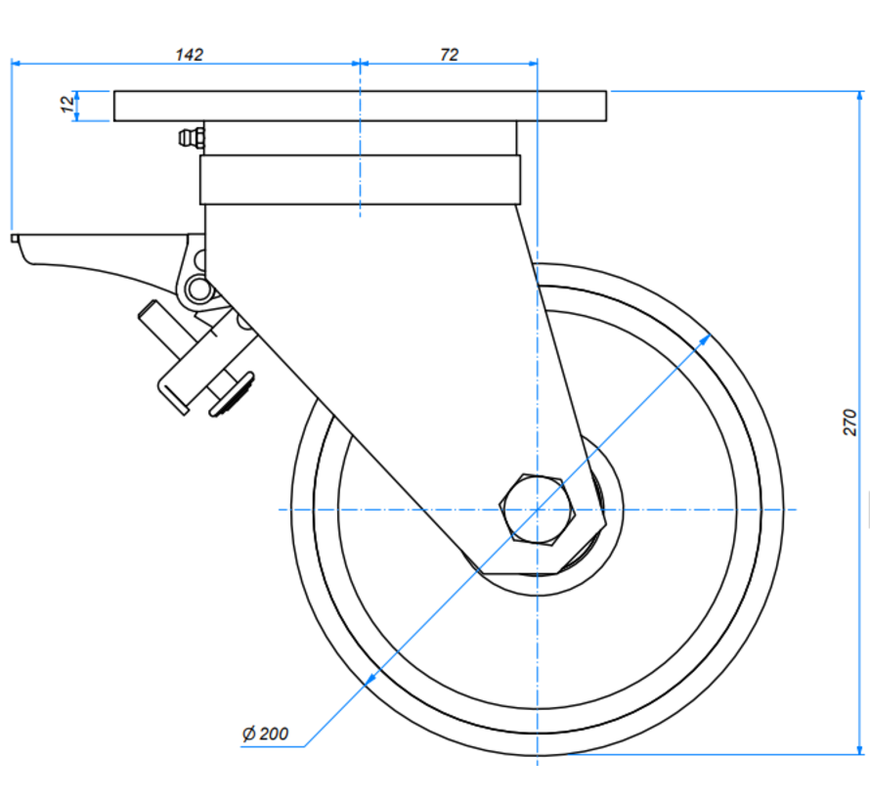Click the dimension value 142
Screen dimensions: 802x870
(189, 55)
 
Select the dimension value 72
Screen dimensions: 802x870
(449, 55)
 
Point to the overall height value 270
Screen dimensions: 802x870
(849, 422)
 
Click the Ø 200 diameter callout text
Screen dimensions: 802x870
(264, 733)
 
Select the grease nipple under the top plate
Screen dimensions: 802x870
(190, 138)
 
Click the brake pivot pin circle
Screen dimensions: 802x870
(200, 289)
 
